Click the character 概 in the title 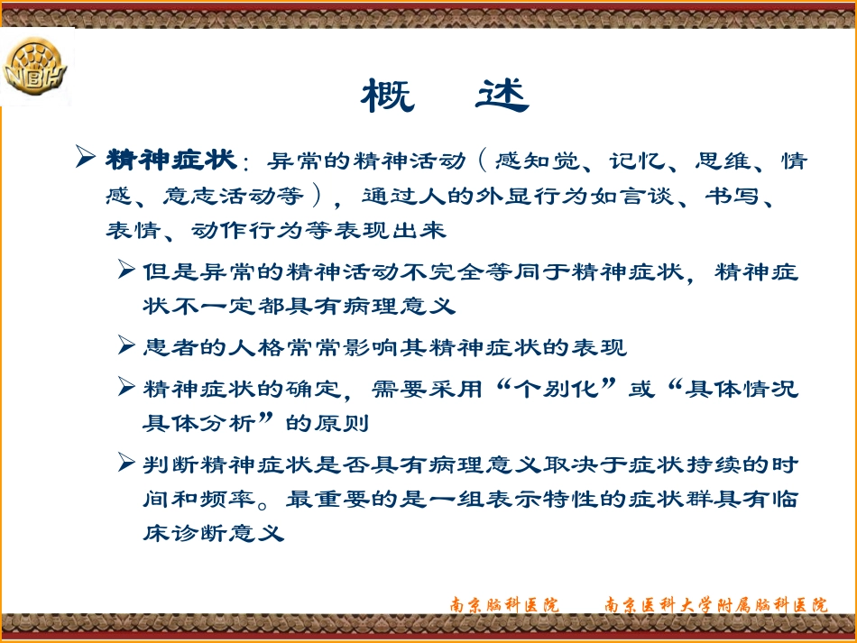(388, 96)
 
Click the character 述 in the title (502, 96)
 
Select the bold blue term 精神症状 (171, 162)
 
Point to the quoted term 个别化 (557, 390)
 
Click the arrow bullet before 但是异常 (127, 271)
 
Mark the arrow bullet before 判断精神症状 (127, 465)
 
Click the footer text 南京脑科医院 (505, 605)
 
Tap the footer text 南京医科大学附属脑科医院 (715, 605)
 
